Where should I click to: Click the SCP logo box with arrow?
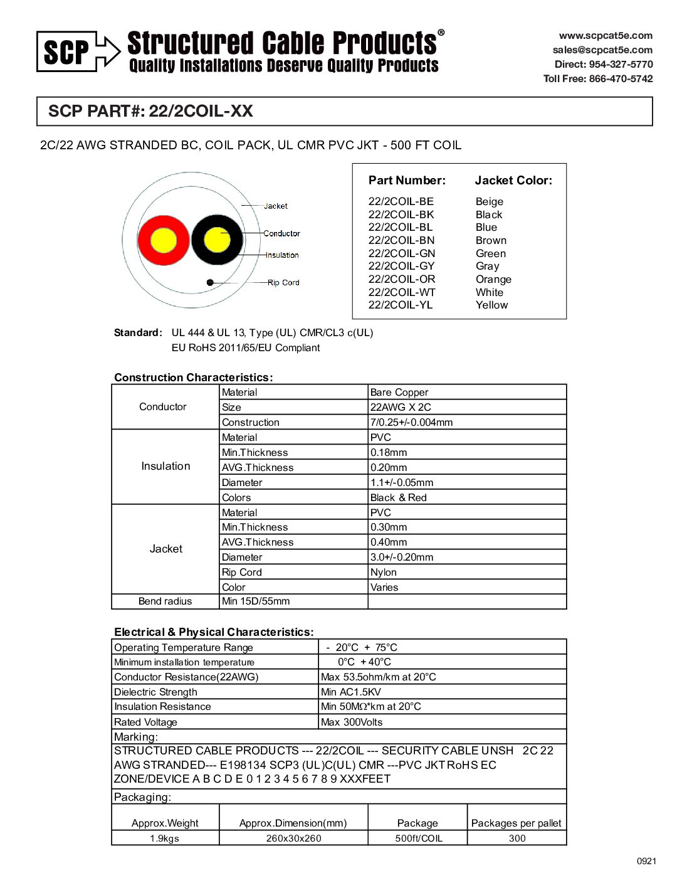[78, 51]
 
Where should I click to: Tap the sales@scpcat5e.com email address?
[602, 50]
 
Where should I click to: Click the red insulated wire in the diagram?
[163, 240]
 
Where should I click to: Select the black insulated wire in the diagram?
[217, 240]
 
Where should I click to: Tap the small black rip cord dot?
[210, 282]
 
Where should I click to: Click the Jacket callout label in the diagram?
[276, 206]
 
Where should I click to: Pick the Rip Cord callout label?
[283, 282]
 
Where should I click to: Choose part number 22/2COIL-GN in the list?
[401, 253]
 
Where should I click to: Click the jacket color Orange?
[493, 279]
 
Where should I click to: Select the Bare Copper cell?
[399, 392]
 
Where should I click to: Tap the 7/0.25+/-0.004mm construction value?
[411, 422]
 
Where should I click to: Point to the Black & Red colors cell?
[398, 497]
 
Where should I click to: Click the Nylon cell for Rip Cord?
[383, 572]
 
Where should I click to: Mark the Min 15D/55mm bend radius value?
[256, 601]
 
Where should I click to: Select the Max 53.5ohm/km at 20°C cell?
[378, 677]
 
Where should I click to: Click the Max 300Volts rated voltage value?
[351, 722]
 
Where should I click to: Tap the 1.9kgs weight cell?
[164, 838]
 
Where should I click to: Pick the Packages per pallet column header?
[516, 823]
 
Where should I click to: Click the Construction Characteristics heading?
[193, 377]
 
